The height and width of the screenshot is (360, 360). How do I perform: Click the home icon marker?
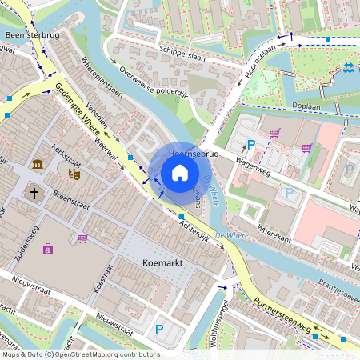click(x=180, y=173)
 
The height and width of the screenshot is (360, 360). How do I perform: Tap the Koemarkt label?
click(x=163, y=262)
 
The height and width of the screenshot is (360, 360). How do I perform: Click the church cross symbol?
click(x=34, y=192)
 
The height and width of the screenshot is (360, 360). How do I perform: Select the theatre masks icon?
click(x=74, y=172)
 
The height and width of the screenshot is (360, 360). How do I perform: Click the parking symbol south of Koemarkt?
click(x=159, y=329)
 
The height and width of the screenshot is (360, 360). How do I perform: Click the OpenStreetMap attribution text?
click(x=80, y=354)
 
